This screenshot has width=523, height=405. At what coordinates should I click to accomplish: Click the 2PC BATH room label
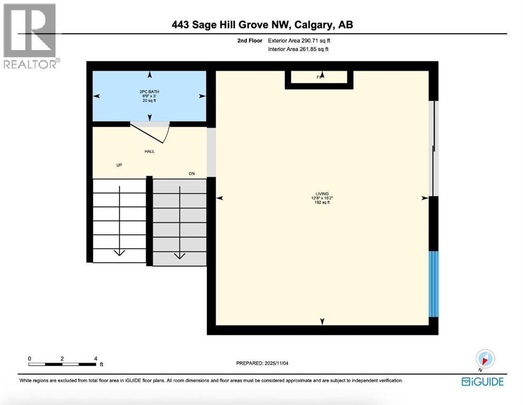pyautogui.click(x=149, y=92)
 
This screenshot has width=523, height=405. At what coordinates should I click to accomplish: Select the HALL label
pyautogui.click(x=149, y=151)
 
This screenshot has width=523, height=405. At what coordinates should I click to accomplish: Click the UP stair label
pyautogui.click(x=119, y=165)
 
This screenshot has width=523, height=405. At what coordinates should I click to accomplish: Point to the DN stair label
pyautogui.click(x=192, y=173)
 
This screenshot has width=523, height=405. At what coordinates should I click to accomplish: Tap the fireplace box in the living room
pyautogui.click(x=319, y=78)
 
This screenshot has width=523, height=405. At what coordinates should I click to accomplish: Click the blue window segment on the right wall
pyautogui.click(x=433, y=284)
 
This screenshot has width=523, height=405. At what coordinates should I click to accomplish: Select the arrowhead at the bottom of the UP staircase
pyautogui.click(x=119, y=252)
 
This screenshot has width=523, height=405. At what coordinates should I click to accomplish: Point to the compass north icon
pyautogui.click(x=484, y=359)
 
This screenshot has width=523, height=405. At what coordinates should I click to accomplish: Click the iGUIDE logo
pyautogui.click(x=482, y=381)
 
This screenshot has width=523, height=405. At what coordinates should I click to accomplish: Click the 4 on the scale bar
pyautogui.click(x=96, y=358)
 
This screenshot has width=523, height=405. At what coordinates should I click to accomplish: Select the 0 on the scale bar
pyautogui.click(x=30, y=358)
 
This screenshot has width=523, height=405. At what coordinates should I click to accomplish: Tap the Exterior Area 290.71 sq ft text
pyautogui.click(x=301, y=40)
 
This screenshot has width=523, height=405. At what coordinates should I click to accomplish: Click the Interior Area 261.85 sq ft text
pyautogui.click(x=299, y=50)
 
